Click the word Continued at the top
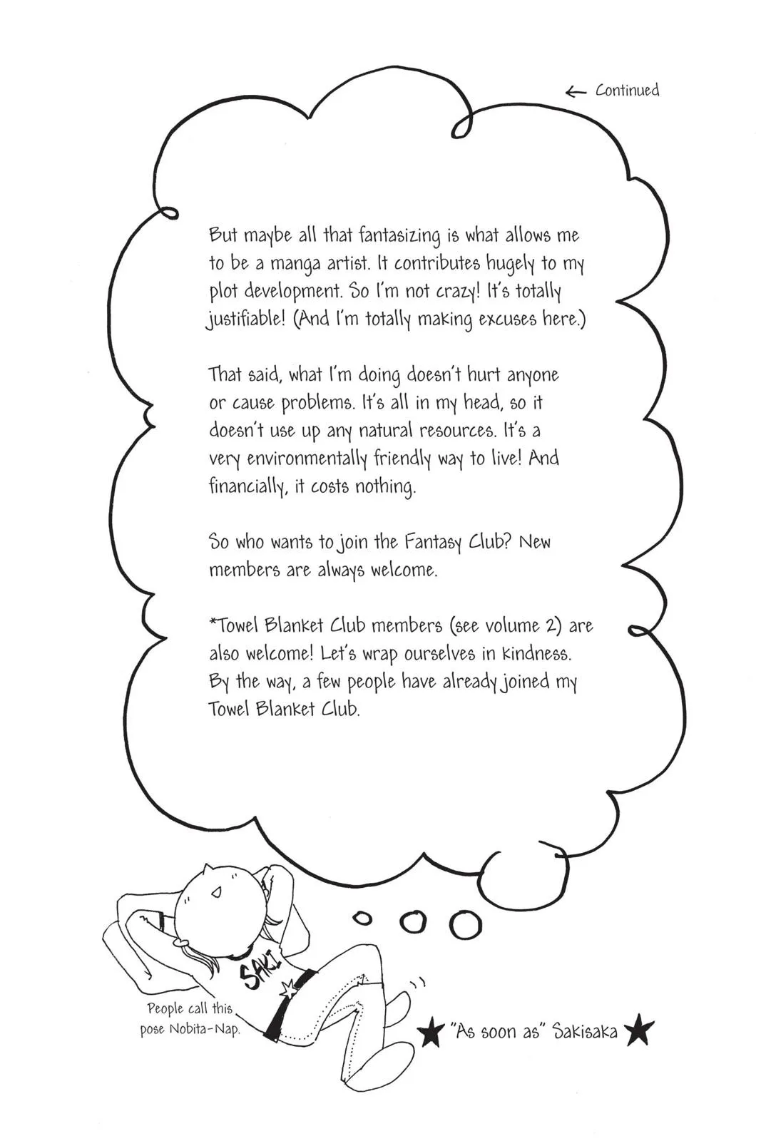point(627,91)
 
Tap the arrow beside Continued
point(575,91)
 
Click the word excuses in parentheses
point(509,319)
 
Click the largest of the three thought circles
point(465,925)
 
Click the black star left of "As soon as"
point(430,1034)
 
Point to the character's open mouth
point(218,892)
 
